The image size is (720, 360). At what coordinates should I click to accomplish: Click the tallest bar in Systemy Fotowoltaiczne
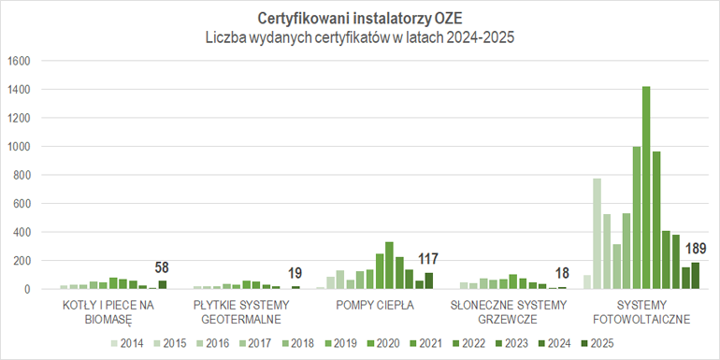click(x=646, y=187)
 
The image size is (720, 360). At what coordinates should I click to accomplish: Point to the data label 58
click(x=162, y=267)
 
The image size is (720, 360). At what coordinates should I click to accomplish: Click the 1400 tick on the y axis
click(x=20, y=90)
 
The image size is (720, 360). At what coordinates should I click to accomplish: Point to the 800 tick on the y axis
click(x=22, y=175)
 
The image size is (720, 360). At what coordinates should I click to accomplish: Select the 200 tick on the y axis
click(x=22, y=261)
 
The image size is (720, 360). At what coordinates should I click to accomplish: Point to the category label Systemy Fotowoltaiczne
click(x=641, y=311)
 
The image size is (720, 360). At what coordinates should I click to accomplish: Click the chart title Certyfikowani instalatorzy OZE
click(x=359, y=18)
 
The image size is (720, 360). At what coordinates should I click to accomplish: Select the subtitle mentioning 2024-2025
click(x=359, y=38)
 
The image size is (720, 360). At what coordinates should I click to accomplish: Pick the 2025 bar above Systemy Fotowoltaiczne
click(x=695, y=275)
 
